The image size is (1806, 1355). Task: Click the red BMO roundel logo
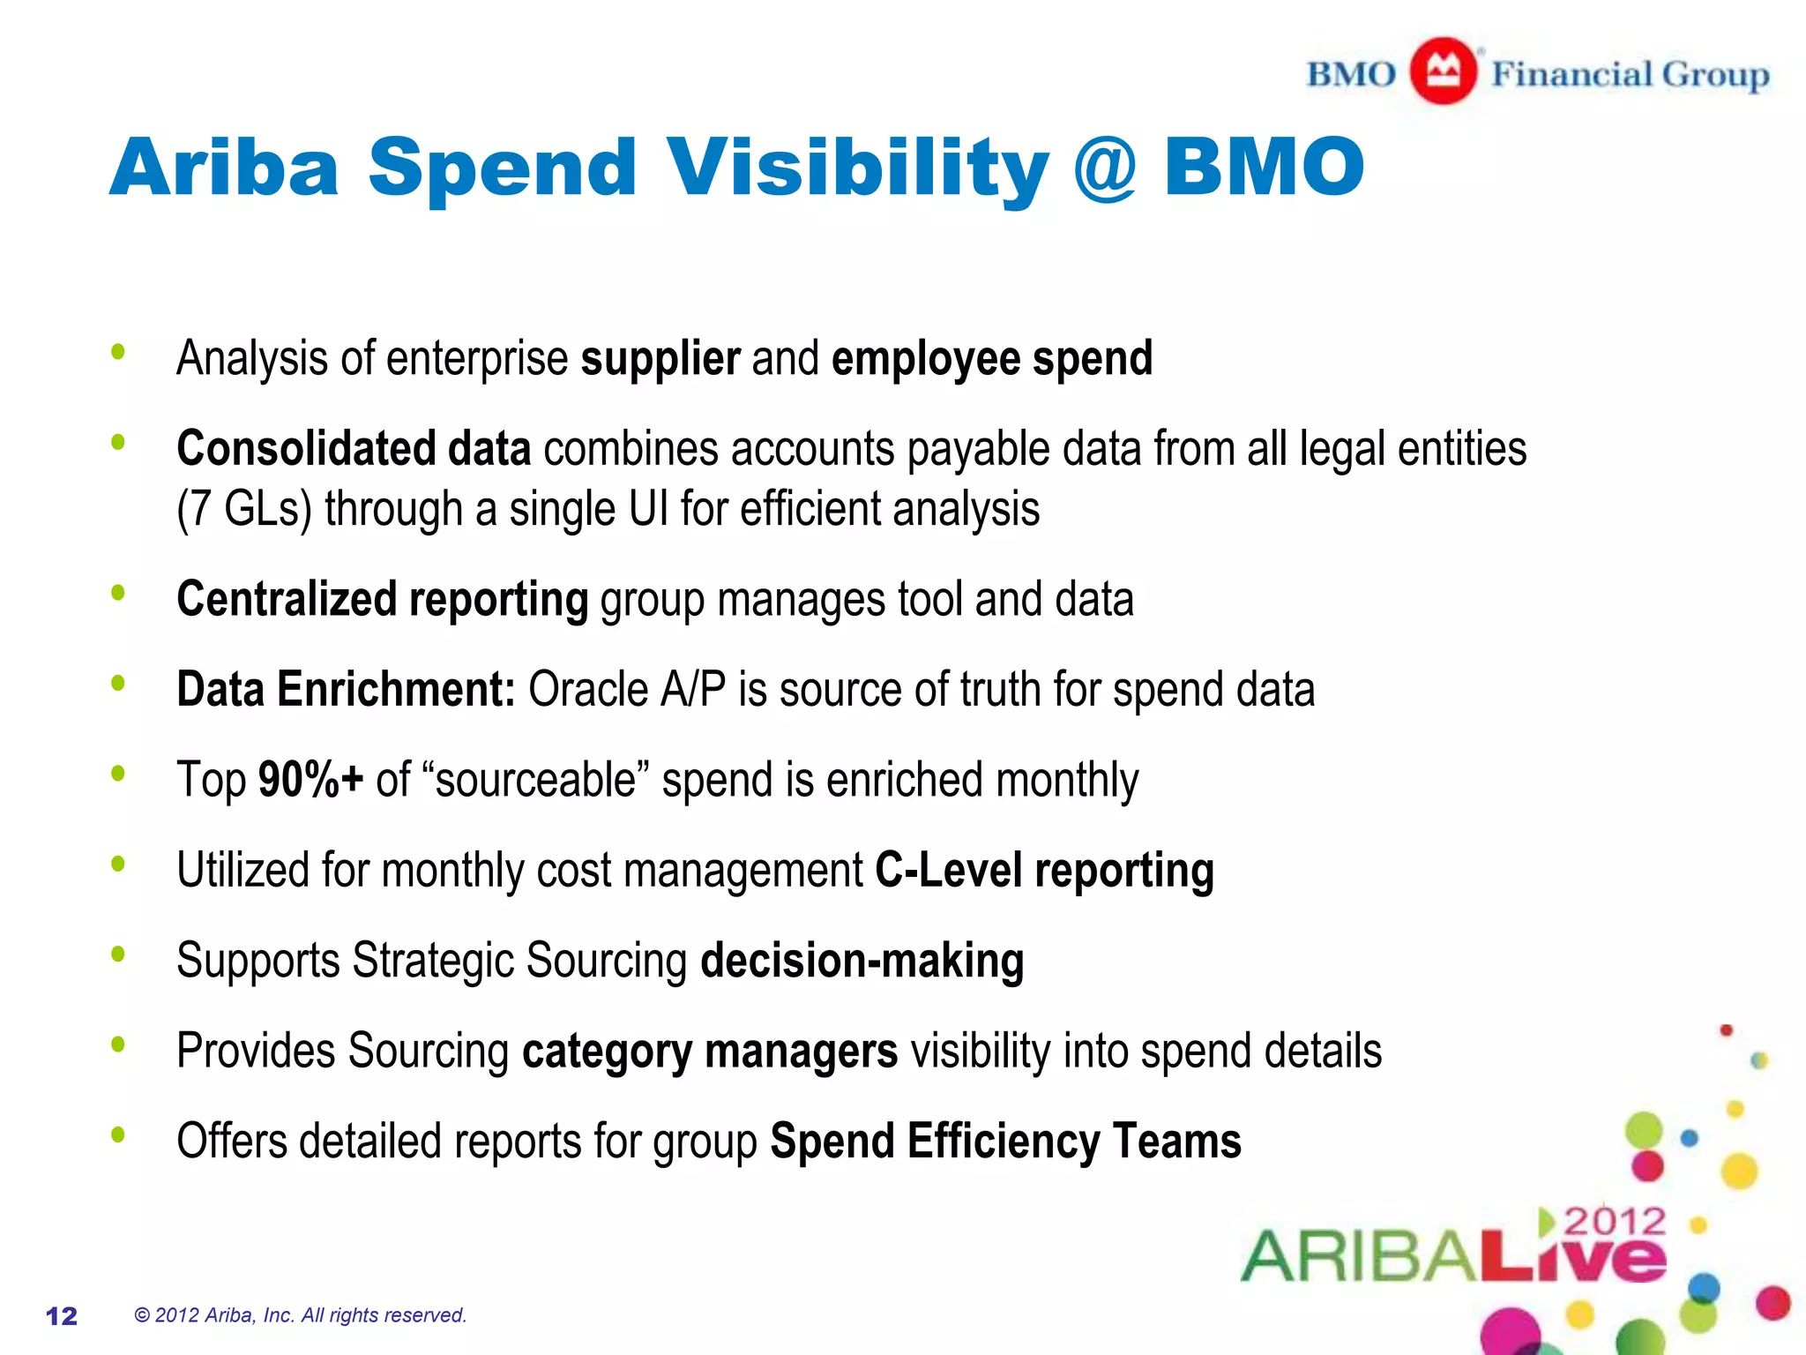coord(1443,71)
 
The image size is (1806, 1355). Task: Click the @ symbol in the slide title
coord(1104,168)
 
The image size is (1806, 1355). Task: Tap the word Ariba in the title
coord(224,168)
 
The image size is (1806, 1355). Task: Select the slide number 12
coord(62,1316)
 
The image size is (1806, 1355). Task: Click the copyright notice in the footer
coord(300,1315)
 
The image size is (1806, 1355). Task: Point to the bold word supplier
coord(660,359)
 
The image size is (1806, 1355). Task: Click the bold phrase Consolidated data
coord(354,448)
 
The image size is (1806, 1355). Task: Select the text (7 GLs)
coord(244,510)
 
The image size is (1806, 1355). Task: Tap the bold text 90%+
coord(310,780)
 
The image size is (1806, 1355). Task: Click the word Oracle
coord(588,690)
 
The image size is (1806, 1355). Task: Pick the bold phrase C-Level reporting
coord(1044,871)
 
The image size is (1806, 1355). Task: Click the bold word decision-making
coord(862,961)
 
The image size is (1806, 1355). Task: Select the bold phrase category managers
coord(710,1052)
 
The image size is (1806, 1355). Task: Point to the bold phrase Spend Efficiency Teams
coord(1005,1142)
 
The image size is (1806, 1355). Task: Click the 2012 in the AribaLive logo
coord(1615,1223)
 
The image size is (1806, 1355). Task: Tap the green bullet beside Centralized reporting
coord(118,594)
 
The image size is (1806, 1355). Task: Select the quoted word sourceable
coord(536,780)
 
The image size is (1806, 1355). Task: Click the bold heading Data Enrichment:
coord(346,690)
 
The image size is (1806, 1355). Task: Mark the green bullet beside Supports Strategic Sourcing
coord(118,954)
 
